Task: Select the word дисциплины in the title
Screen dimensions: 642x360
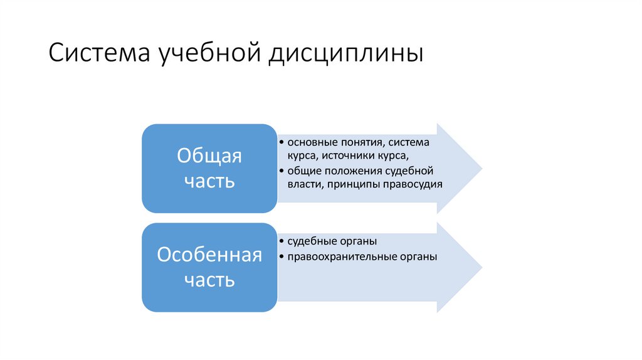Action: (347, 54)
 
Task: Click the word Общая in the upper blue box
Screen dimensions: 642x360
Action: (209, 156)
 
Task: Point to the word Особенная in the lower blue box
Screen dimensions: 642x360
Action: (209, 255)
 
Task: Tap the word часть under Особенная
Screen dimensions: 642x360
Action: (209, 280)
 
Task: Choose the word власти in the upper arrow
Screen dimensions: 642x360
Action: (302, 184)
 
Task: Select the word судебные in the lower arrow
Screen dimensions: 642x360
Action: (310, 241)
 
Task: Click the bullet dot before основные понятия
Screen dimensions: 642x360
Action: (282, 142)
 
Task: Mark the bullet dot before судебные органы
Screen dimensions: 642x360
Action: (282, 241)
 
